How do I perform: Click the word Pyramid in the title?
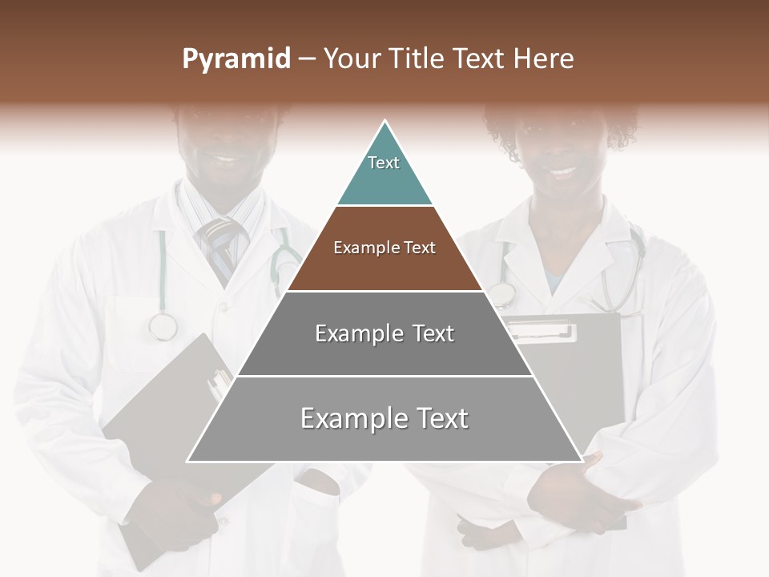[236, 59]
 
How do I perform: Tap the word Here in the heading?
[543, 59]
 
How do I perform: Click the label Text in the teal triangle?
[384, 163]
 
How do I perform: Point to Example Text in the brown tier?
[384, 248]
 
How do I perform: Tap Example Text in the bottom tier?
[384, 418]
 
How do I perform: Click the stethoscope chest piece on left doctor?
[163, 326]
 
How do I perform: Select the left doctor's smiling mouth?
[227, 157]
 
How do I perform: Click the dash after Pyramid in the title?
[307, 59]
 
